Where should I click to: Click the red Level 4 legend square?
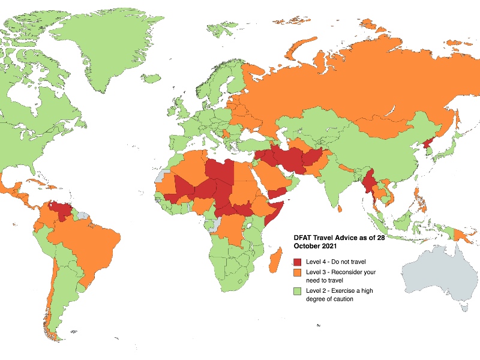[x=298, y=262]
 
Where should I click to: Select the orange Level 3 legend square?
[x=298, y=272]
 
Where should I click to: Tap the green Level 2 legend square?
[x=298, y=292]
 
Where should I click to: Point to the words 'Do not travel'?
[x=349, y=262]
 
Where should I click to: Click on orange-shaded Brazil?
[x=75, y=240]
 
